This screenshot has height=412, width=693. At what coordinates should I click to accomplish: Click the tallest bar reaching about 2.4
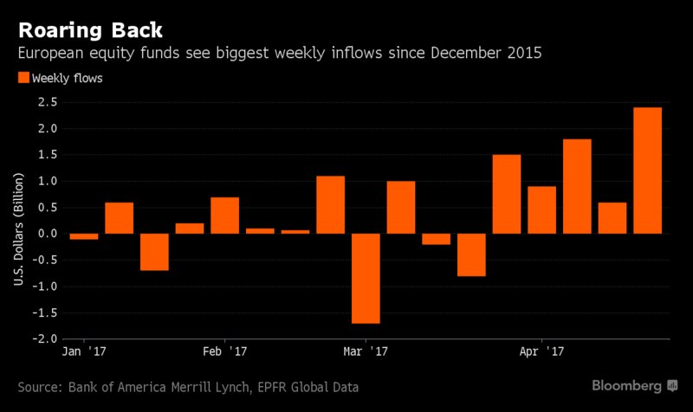pos(648,171)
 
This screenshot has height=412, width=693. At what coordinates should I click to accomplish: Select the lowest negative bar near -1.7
pos(366,278)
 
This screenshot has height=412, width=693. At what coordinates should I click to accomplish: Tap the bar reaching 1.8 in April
pos(577,186)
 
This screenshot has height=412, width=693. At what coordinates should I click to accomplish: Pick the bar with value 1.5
pos(507,194)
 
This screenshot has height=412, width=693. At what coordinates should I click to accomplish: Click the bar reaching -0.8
pos(471,254)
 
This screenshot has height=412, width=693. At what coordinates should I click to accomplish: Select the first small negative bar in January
pos(84,236)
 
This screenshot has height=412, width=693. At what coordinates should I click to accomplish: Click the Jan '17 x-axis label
pos(84,352)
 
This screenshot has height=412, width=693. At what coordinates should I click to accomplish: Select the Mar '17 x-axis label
pos(365,352)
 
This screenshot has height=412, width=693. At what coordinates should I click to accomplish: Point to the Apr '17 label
pos(541,352)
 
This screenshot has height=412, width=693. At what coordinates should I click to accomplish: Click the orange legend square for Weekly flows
pos(23,78)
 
